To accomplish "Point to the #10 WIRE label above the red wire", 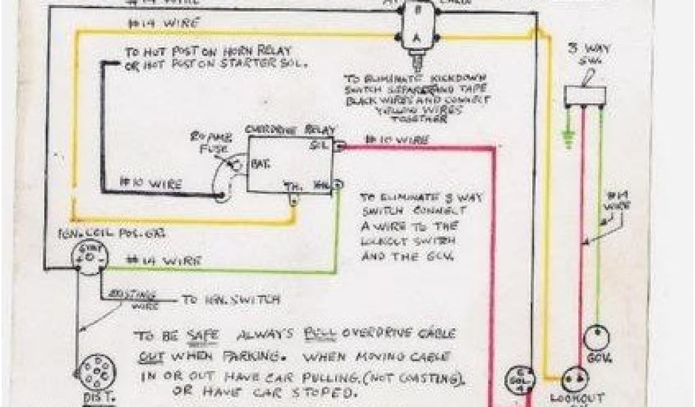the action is [397, 140].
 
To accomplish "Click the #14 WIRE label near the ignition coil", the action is [165, 260].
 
